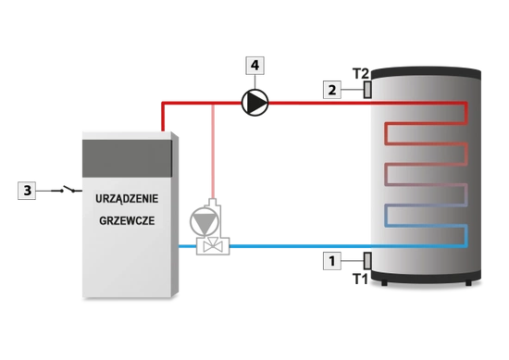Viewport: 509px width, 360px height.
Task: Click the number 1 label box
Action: click(330, 263)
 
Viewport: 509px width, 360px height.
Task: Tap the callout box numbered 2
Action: click(330, 90)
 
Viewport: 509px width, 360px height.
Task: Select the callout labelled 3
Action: click(28, 191)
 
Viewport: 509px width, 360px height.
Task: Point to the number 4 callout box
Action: click(254, 66)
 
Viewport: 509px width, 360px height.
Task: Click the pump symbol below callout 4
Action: click(254, 102)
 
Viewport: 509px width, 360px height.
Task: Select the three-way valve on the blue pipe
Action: click(212, 246)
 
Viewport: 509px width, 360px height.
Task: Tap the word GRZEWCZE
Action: click(128, 222)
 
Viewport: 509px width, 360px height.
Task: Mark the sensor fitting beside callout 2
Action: click(367, 89)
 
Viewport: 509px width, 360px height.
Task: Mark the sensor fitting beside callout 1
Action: click(367, 263)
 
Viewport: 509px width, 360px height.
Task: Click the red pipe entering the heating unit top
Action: click(164, 118)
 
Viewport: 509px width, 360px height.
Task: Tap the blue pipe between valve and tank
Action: click(296, 246)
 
